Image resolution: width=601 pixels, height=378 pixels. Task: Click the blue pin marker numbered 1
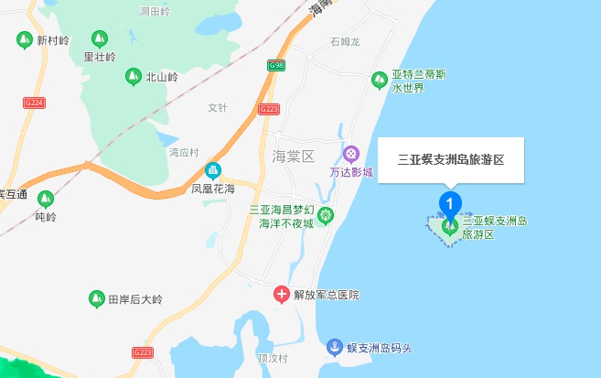(x=450, y=202)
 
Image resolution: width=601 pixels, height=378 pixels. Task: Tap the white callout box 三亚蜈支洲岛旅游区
(x=450, y=159)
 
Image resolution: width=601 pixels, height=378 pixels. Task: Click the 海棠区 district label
(x=293, y=156)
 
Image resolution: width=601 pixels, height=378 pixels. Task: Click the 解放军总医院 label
(x=327, y=295)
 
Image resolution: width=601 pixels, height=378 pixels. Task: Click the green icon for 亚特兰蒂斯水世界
(x=379, y=81)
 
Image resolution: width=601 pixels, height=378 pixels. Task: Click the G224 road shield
(x=34, y=103)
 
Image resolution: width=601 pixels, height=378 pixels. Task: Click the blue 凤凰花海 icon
(x=213, y=169)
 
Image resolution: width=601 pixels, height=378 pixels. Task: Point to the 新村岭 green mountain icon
(x=24, y=40)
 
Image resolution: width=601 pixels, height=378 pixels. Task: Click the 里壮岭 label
(x=99, y=57)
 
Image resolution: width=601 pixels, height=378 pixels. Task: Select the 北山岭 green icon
(x=133, y=77)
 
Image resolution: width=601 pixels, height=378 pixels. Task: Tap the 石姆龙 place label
(x=345, y=41)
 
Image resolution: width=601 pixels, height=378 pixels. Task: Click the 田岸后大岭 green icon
(x=94, y=298)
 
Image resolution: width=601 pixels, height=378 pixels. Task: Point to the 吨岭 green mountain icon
(x=44, y=200)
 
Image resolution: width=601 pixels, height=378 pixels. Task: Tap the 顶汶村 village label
(x=273, y=358)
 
